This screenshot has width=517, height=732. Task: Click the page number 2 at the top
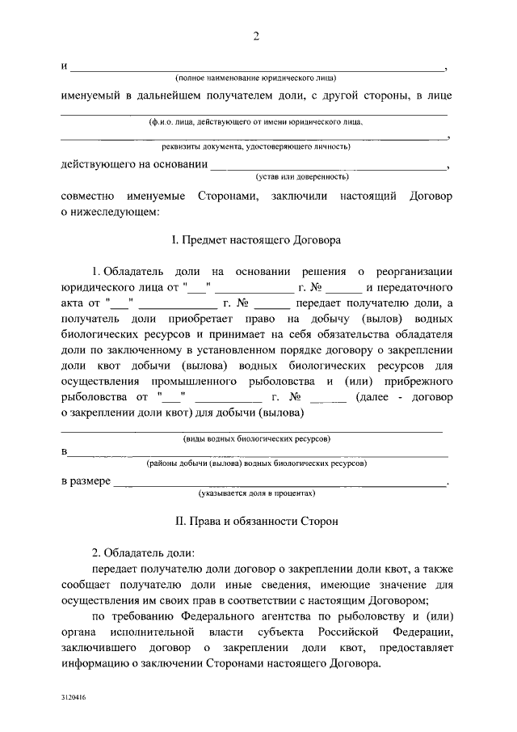pos(256,36)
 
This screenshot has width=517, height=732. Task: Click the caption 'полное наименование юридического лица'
pos(255,78)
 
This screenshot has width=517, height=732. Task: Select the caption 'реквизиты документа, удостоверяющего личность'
pos(255,147)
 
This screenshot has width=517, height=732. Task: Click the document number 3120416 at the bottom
pos(73,696)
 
